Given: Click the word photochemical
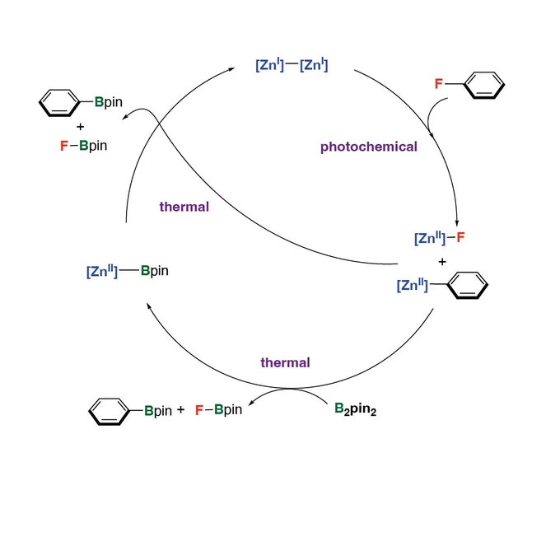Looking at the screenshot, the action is click(x=369, y=147).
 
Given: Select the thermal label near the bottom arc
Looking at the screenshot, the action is click(x=285, y=362).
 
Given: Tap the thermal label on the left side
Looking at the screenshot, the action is click(x=184, y=207).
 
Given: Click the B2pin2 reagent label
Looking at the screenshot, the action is click(x=355, y=409).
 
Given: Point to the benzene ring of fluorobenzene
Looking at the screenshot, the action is click(x=484, y=85).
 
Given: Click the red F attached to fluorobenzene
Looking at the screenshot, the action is click(x=438, y=83).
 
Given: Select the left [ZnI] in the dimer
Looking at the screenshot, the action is click(x=269, y=64).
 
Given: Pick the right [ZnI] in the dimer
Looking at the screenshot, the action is click(x=314, y=64).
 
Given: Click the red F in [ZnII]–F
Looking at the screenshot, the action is click(x=460, y=237).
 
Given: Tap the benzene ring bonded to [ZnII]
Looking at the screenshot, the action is click(x=468, y=285).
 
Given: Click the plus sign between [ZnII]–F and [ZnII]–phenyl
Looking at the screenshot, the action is click(x=442, y=262).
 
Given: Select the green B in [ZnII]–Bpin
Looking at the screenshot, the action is click(x=145, y=270).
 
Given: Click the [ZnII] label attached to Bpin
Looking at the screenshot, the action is click(x=102, y=271).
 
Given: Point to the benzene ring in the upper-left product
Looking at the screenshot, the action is click(x=59, y=103).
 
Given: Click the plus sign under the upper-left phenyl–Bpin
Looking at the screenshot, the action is click(x=81, y=127).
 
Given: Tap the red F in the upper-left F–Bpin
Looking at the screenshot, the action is click(x=64, y=146).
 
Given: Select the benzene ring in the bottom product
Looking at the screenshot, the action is click(x=109, y=412).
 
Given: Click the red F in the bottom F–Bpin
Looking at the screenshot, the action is click(x=199, y=410).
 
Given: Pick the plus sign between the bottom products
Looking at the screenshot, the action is click(x=180, y=409).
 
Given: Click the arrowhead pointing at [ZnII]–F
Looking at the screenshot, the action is click(x=457, y=223).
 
